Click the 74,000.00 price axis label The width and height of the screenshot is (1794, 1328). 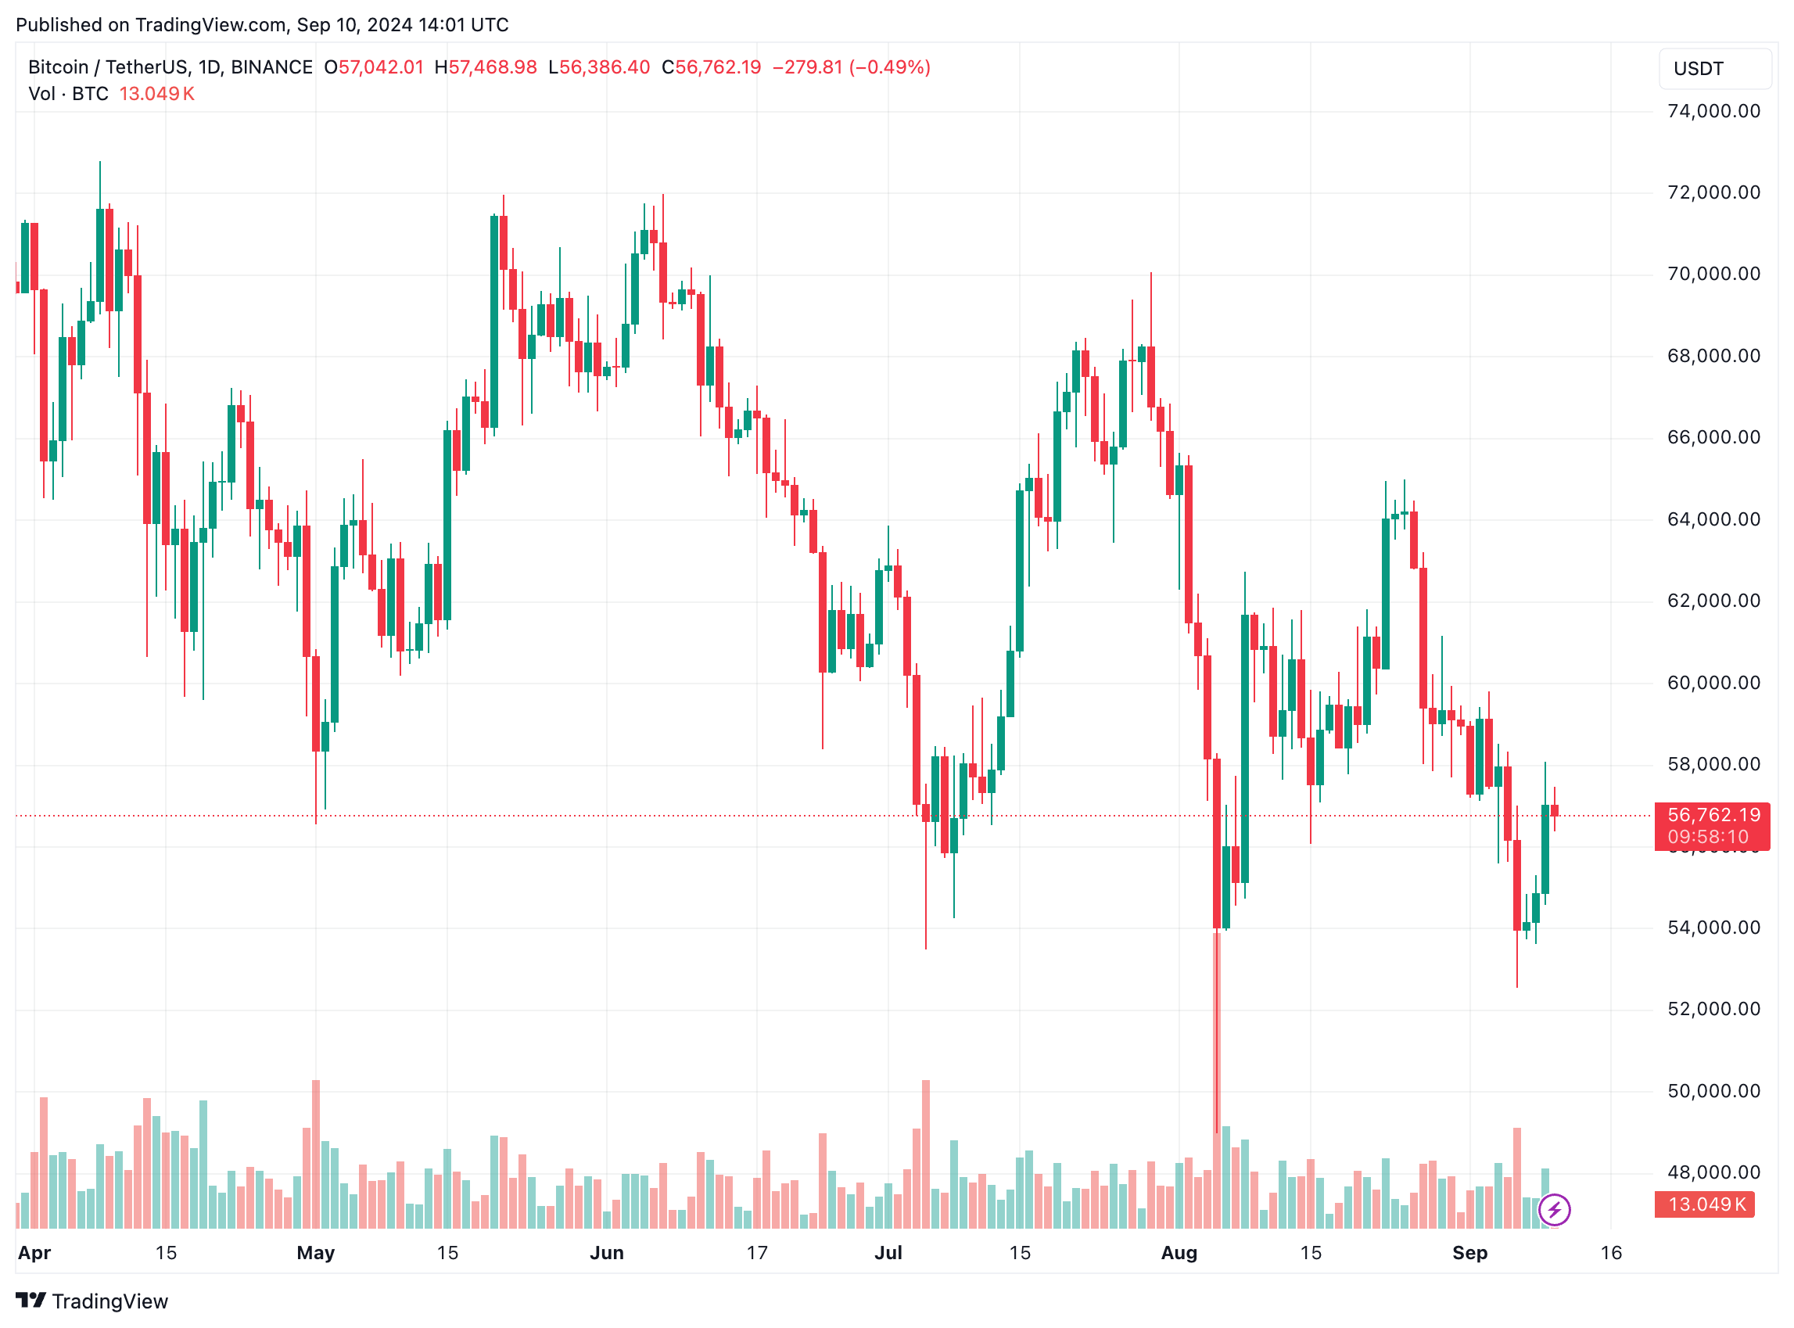(1713, 111)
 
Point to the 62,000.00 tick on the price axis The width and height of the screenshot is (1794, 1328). (1713, 601)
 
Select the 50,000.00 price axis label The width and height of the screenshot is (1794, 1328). (1713, 1091)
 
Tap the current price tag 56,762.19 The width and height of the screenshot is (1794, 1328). (1713, 815)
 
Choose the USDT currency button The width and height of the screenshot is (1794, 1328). (1714, 69)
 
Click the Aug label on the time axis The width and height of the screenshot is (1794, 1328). (1179, 1252)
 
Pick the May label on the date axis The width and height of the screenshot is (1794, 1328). (315, 1252)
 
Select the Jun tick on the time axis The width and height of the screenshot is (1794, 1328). (607, 1252)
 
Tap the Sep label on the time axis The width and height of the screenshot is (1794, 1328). (1470, 1252)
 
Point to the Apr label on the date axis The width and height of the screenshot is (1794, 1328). (34, 1252)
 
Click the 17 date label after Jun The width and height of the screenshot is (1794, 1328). (757, 1252)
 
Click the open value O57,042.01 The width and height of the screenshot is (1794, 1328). (374, 67)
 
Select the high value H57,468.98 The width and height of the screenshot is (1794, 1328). (486, 67)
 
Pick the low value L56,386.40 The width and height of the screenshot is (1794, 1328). (599, 67)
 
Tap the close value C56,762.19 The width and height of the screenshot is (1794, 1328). (712, 67)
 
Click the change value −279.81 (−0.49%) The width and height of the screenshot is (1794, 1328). (851, 67)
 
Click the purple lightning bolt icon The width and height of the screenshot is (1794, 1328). (1555, 1210)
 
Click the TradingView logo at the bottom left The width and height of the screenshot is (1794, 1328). (91, 1301)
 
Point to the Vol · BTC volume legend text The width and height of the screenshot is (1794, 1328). (68, 94)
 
